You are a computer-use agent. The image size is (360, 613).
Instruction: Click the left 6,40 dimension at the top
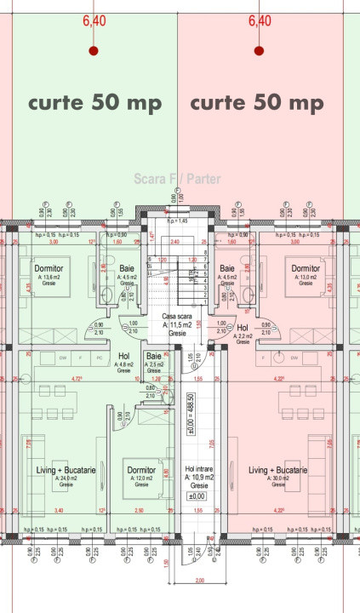94,21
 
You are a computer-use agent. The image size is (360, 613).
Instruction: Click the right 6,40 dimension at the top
260,21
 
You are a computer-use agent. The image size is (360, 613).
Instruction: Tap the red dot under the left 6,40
94,51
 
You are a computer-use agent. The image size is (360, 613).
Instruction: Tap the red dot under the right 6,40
260,51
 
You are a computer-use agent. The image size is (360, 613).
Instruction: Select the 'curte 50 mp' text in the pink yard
256,103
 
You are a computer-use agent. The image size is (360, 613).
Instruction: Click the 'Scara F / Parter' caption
177,179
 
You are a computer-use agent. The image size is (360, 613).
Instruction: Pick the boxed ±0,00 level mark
197,496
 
